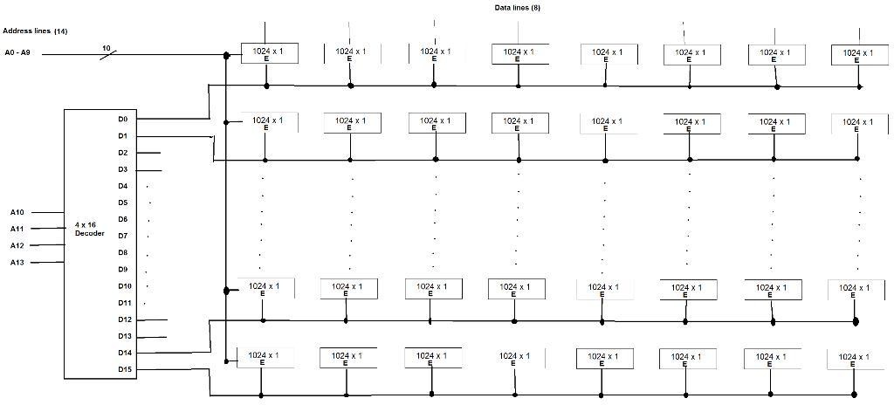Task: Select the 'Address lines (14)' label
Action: click(x=36, y=31)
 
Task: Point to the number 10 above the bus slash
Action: click(x=106, y=48)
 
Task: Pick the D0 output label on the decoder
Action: click(x=123, y=119)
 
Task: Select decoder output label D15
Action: click(x=125, y=369)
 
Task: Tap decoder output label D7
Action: click(x=123, y=236)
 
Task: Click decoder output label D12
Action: click(x=125, y=319)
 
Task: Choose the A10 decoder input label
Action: click(x=17, y=212)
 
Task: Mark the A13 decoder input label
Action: click(x=17, y=262)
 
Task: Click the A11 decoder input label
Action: click(x=17, y=229)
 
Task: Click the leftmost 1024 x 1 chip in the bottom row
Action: click(x=265, y=358)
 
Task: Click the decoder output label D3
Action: click(x=123, y=169)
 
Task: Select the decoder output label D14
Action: click(x=125, y=353)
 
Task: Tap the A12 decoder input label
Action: click(x=17, y=245)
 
